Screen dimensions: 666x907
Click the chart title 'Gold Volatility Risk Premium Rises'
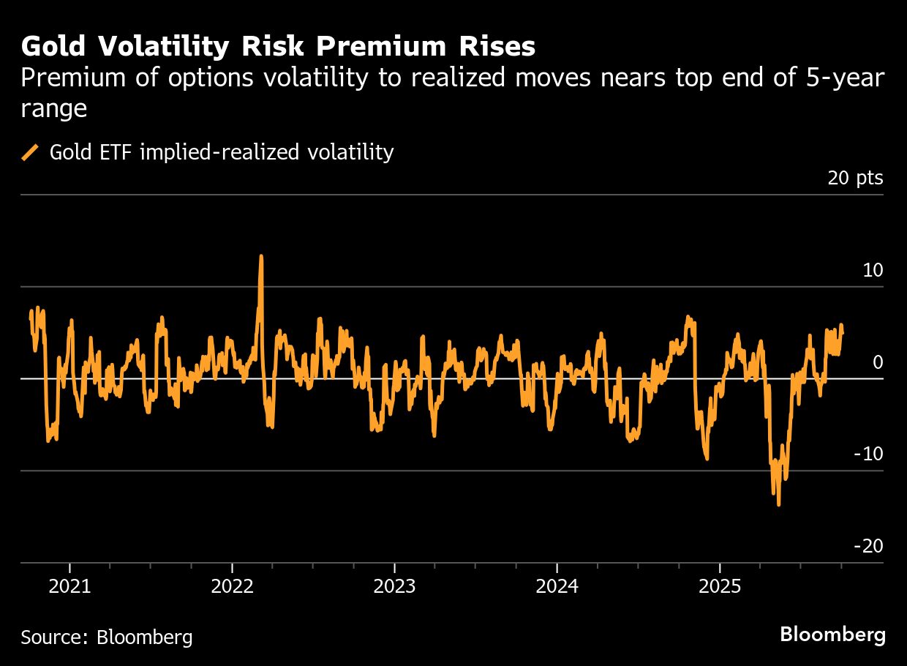278,47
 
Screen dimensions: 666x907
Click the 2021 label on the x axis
69,586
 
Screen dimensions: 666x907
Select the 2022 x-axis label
232,586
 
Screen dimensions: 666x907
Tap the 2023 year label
394,586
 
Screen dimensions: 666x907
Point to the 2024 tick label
557,586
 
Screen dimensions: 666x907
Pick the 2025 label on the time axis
720,586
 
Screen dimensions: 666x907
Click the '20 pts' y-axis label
855,178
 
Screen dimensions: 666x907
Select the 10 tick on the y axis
873,270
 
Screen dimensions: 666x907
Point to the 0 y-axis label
878,362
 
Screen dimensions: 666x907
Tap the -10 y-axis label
868,454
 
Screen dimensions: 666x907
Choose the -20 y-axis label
868,547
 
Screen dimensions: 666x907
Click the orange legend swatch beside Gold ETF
31,152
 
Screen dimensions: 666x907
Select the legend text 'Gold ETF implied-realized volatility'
222,152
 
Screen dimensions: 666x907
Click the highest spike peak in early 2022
261,257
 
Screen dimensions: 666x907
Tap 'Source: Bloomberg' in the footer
107,637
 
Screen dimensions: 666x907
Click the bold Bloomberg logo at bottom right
832,635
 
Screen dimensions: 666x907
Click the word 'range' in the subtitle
54,108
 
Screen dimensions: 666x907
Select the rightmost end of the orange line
843,333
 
